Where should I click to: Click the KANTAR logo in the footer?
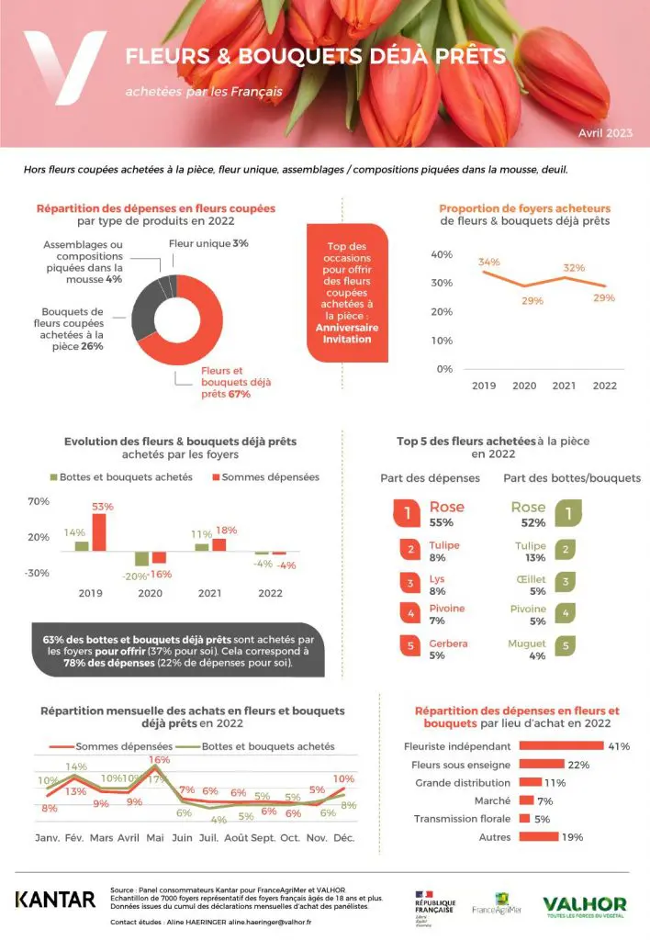[x=55, y=899]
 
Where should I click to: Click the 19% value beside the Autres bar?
[x=572, y=837]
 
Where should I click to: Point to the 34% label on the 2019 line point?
[x=489, y=262]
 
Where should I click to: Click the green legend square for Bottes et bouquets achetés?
[x=53, y=477]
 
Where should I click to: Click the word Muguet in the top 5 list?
[x=527, y=643]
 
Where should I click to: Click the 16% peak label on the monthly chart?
[x=160, y=760]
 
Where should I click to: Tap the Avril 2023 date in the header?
[x=605, y=133]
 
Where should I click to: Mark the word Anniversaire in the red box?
[x=346, y=327]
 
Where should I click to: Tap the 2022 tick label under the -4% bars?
[x=270, y=593]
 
